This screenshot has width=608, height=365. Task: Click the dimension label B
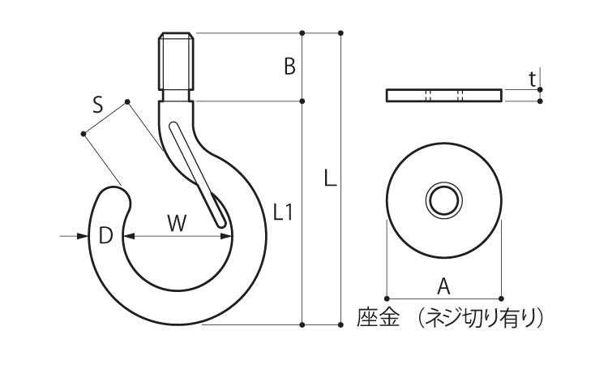click(x=289, y=67)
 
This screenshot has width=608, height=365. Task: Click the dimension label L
click(x=329, y=178)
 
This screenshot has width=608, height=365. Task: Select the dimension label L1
click(x=282, y=213)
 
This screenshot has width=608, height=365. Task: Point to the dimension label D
click(x=105, y=236)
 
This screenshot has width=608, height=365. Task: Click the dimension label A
click(x=443, y=285)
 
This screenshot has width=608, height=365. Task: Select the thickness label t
click(x=532, y=79)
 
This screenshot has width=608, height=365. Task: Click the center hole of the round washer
click(x=444, y=199)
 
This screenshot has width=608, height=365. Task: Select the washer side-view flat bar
click(x=444, y=95)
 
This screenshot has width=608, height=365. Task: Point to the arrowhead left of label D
click(x=83, y=236)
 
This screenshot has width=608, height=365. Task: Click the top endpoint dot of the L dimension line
click(x=340, y=33)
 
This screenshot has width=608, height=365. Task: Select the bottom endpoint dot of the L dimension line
click(x=340, y=325)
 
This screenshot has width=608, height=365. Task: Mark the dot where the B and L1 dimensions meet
click(x=302, y=101)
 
